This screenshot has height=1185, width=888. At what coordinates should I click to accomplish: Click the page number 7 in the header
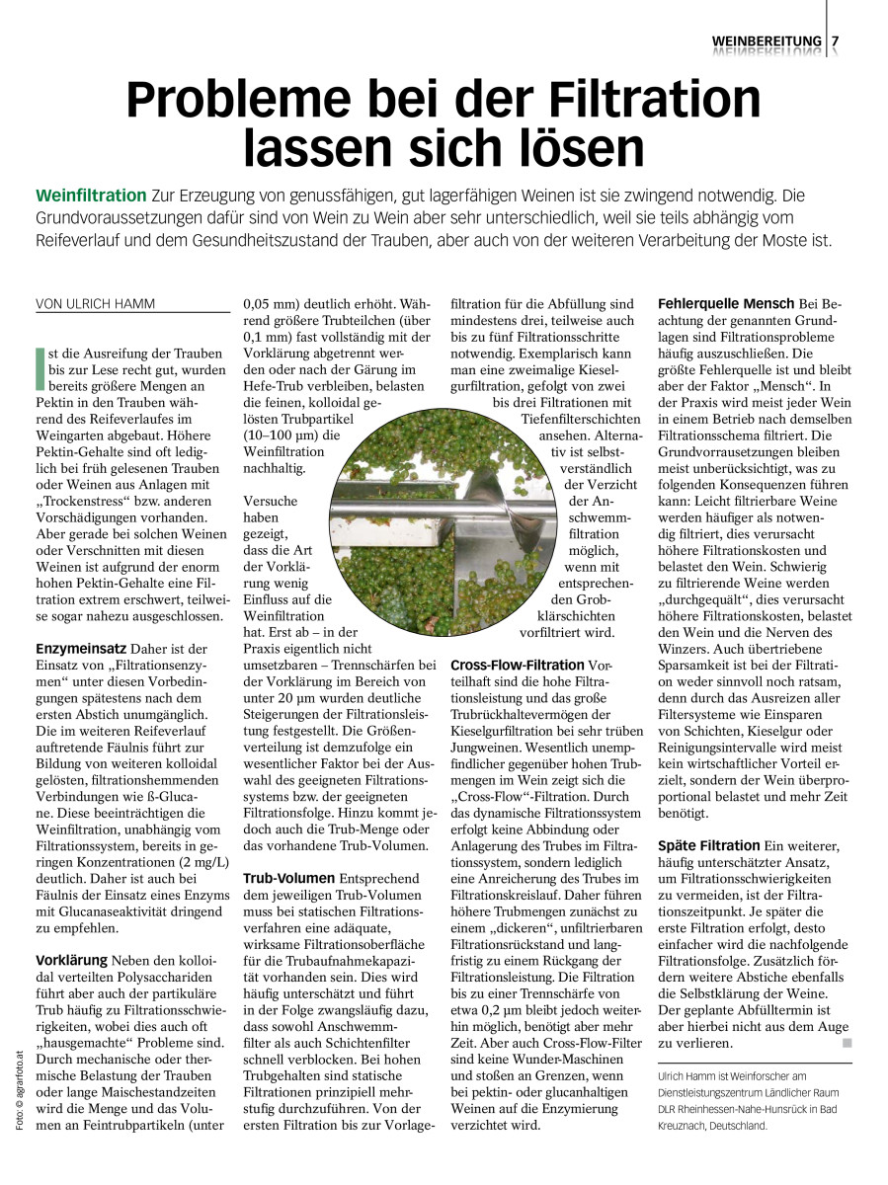point(836,40)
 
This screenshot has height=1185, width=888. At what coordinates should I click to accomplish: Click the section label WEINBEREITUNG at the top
point(767,40)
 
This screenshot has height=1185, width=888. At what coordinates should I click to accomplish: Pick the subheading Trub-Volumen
point(288,877)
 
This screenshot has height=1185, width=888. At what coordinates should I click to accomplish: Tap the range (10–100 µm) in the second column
point(285,434)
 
